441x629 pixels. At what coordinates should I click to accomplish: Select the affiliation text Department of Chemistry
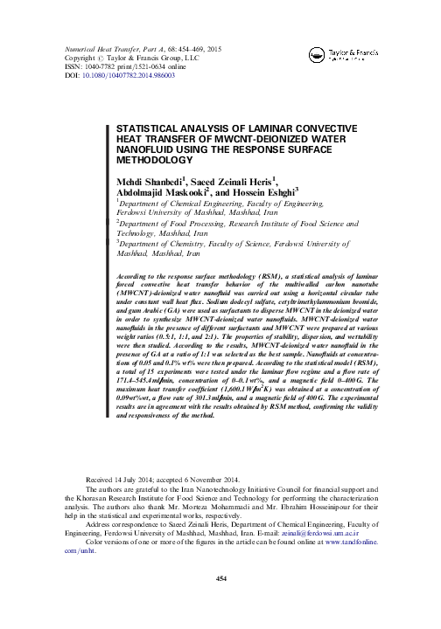(168, 245)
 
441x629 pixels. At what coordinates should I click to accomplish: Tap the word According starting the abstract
(133, 274)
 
